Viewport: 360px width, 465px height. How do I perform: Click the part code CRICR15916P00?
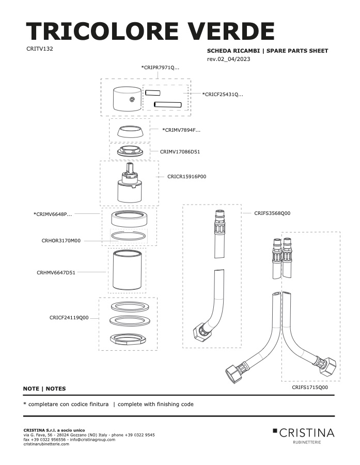[186, 177]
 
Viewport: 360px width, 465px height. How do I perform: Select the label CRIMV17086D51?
[180, 152]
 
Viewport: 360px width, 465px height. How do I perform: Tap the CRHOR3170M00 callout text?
[61, 241]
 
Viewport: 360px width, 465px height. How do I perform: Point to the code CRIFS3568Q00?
[272, 213]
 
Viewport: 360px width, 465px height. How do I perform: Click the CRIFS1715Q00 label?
[310, 388]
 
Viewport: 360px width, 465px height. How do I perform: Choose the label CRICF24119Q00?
[69, 318]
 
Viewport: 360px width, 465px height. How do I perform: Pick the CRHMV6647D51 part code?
[56, 273]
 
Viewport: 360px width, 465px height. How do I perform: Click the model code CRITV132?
[40, 49]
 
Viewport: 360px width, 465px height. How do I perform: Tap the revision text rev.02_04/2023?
[228, 59]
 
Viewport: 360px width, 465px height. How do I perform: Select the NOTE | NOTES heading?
[44, 389]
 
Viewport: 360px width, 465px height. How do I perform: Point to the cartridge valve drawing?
[130, 183]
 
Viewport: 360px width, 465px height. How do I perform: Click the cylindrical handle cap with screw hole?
[127, 99]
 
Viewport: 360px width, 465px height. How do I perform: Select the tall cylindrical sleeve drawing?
[127, 270]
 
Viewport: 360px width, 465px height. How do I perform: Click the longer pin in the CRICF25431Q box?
[167, 104]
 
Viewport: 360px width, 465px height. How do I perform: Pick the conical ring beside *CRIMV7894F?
[130, 131]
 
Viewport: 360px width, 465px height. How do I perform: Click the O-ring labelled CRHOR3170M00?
[129, 236]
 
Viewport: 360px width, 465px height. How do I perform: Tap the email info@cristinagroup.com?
[92, 440]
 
